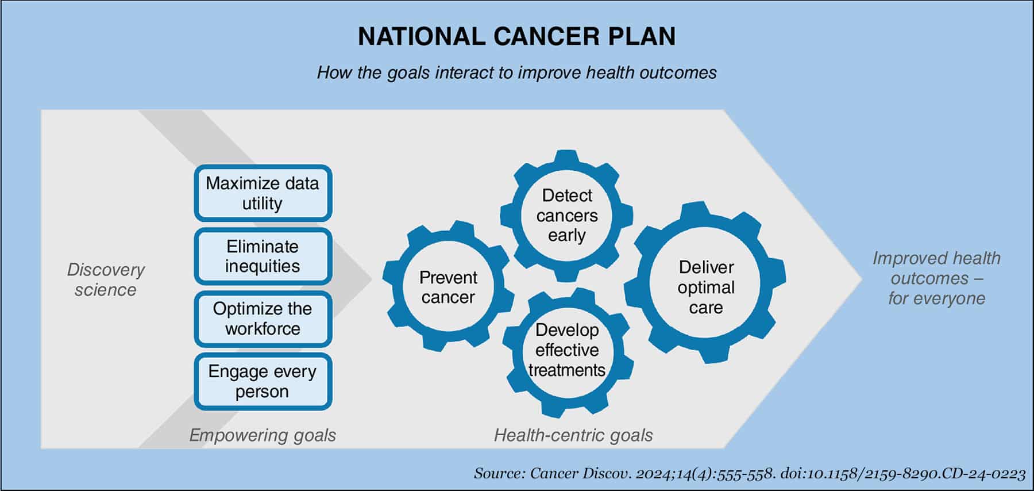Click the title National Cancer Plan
click(516, 36)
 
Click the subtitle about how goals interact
click(516, 73)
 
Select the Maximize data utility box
click(263, 193)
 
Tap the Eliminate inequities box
click(263, 256)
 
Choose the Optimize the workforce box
click(263, 319)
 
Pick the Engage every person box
click(263, 382)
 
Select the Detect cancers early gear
click(566, 216)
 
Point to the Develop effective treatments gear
click(568, 350)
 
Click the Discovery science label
click(106, 279)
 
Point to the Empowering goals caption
click(263, 435)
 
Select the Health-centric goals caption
click(573, 435)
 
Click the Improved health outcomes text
click(936, 278)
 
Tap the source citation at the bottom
click(750, 473)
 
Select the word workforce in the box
click(263, 329)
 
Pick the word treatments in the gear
click(567, 370)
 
